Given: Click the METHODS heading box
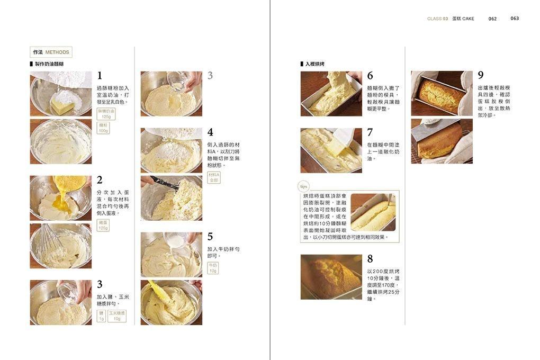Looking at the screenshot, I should pos(51,52).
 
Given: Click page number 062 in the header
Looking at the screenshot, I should pos(492,19).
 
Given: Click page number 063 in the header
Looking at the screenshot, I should pos(515,18).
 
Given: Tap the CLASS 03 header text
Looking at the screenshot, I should pos(437,19).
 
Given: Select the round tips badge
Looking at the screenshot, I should pos(303,186).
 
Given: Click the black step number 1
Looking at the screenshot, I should pos(100,76).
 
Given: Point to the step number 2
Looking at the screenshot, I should pos(100,181).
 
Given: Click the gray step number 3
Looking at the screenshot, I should pos(210,76).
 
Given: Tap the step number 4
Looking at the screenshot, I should pos(210,132).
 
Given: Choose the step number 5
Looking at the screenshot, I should pos(210,237).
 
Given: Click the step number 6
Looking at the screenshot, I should pos(370,76).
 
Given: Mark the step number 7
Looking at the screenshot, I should pos(370,132).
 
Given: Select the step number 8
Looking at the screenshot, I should pos(370,259).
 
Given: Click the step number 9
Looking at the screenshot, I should pos(481,76).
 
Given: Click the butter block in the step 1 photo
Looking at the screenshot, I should pos(62,105).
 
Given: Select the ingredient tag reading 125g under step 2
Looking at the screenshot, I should pos(103,226).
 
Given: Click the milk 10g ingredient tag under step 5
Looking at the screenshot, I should pos(213,268).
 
